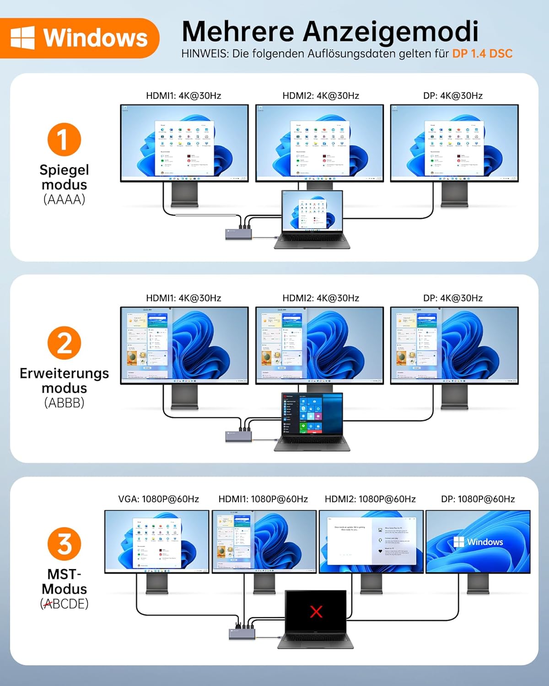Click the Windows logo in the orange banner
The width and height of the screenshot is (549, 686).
22,38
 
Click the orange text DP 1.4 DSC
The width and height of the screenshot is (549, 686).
482,54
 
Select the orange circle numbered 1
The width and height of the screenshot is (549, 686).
64,139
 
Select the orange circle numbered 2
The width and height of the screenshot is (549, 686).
64,343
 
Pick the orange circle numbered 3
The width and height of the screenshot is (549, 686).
64,544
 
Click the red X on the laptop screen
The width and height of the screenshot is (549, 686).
316,611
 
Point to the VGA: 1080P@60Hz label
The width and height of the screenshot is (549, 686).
158,499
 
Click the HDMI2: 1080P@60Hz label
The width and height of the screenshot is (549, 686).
370,499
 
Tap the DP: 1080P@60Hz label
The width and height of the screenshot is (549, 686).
478,499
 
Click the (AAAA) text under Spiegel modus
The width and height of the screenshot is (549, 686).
64,199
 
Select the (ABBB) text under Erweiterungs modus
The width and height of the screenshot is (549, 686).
64,403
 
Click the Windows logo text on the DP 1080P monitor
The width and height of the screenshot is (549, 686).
478,542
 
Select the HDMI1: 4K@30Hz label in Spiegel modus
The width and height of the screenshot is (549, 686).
183,96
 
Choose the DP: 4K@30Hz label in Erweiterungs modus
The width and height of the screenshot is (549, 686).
453,298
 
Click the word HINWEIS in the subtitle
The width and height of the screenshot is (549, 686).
205,54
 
